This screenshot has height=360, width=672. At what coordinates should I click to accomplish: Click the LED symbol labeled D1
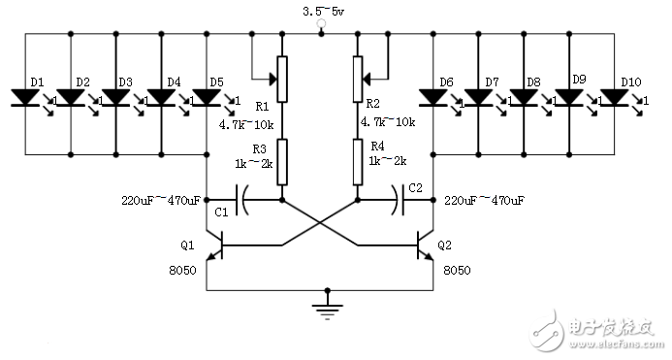point(25,97)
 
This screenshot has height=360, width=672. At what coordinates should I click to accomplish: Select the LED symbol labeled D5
point(208,97)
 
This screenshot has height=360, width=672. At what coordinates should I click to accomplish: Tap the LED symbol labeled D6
point(432,97)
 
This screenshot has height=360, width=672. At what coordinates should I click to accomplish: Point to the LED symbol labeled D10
point(615,97)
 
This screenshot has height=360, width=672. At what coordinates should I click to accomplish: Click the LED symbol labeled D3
point(116,97)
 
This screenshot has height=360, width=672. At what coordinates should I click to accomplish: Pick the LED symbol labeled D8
point(524,97)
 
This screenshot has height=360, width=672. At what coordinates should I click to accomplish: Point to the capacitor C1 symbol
point(243,201)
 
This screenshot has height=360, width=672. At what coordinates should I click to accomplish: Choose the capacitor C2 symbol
point(397,201)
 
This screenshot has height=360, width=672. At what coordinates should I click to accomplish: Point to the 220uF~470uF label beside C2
point(483,200)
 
